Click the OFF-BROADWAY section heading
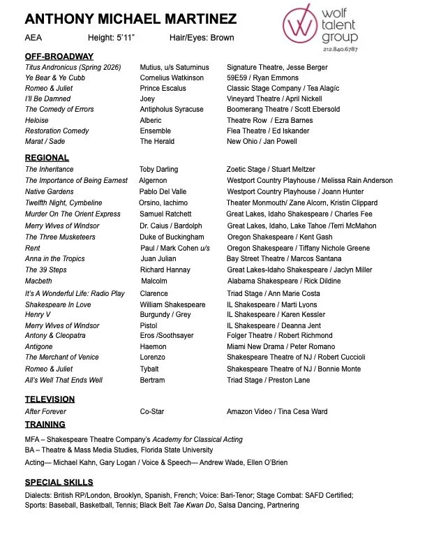pos(59,56)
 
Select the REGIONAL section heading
pos(47,158)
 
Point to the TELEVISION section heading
pos(50,399)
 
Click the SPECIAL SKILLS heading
pos(59,482)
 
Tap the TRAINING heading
pos(45,424)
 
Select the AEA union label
pos(33,38)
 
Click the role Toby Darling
pos(159,170)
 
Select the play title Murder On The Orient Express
pos(73,214)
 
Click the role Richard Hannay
pos(165,270)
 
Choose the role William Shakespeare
pos(172,304)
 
